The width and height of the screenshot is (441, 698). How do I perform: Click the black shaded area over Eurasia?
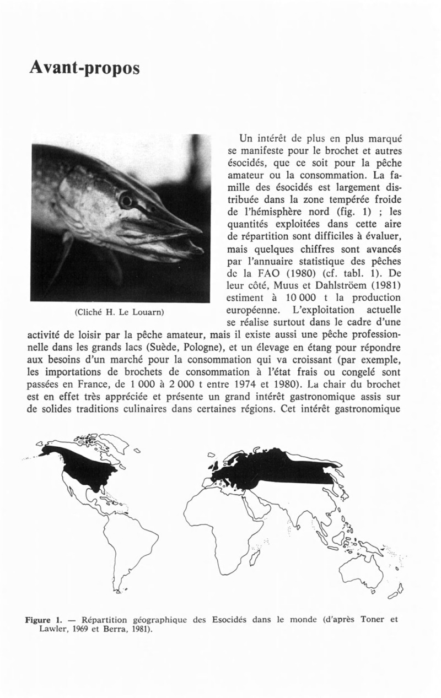pos(276,468)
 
